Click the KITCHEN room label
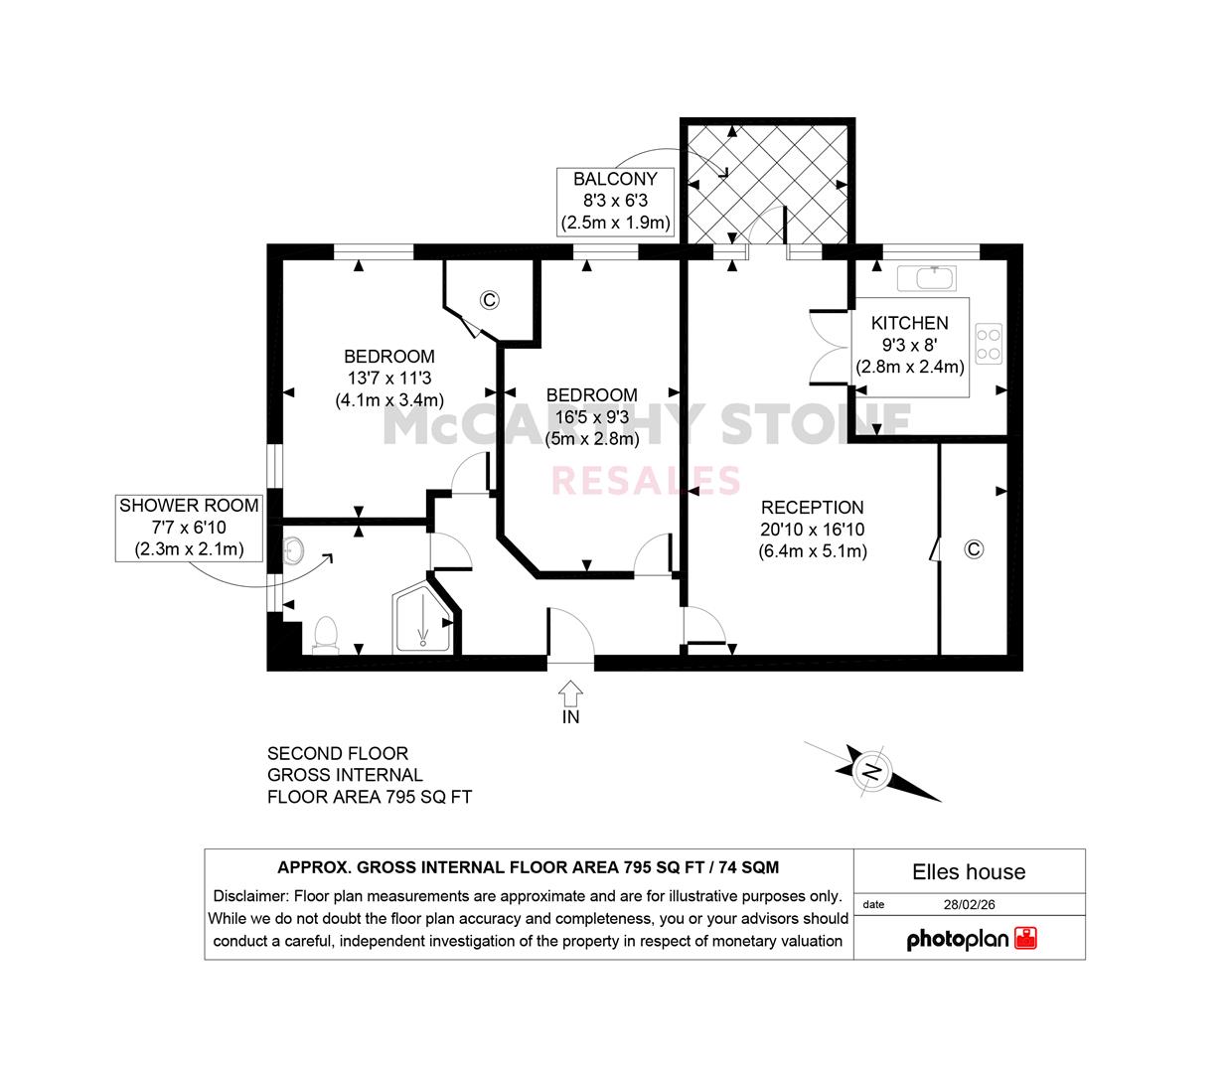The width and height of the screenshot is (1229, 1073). pos(909,323)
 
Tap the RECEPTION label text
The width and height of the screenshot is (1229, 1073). pos(812,508)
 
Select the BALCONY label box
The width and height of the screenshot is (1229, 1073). pos(615,201)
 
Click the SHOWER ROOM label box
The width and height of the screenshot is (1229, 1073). pos(189,528)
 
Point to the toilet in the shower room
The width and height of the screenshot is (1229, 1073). pos(326,634)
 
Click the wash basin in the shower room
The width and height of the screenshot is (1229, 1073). pos(293,550)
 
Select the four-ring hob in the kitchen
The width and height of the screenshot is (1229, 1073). pos(989,344)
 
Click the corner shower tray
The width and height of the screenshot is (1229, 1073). pos(421,617)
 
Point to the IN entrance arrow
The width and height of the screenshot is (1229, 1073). pos(570,693)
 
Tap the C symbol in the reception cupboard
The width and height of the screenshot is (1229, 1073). pos(973,549)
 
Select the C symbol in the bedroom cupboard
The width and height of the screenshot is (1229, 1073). pos(490,300)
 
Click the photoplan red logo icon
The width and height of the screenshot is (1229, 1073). pos(1026,938)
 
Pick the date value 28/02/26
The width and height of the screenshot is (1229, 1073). pos(969,904)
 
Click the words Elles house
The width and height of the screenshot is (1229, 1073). pos(969,872)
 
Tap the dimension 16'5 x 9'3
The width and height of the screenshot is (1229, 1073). pos(592,416)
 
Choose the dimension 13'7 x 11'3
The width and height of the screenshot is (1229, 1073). pos(389,379)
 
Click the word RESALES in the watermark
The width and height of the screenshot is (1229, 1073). pos(646,480)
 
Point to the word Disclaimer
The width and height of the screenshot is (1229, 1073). pos(250,896)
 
